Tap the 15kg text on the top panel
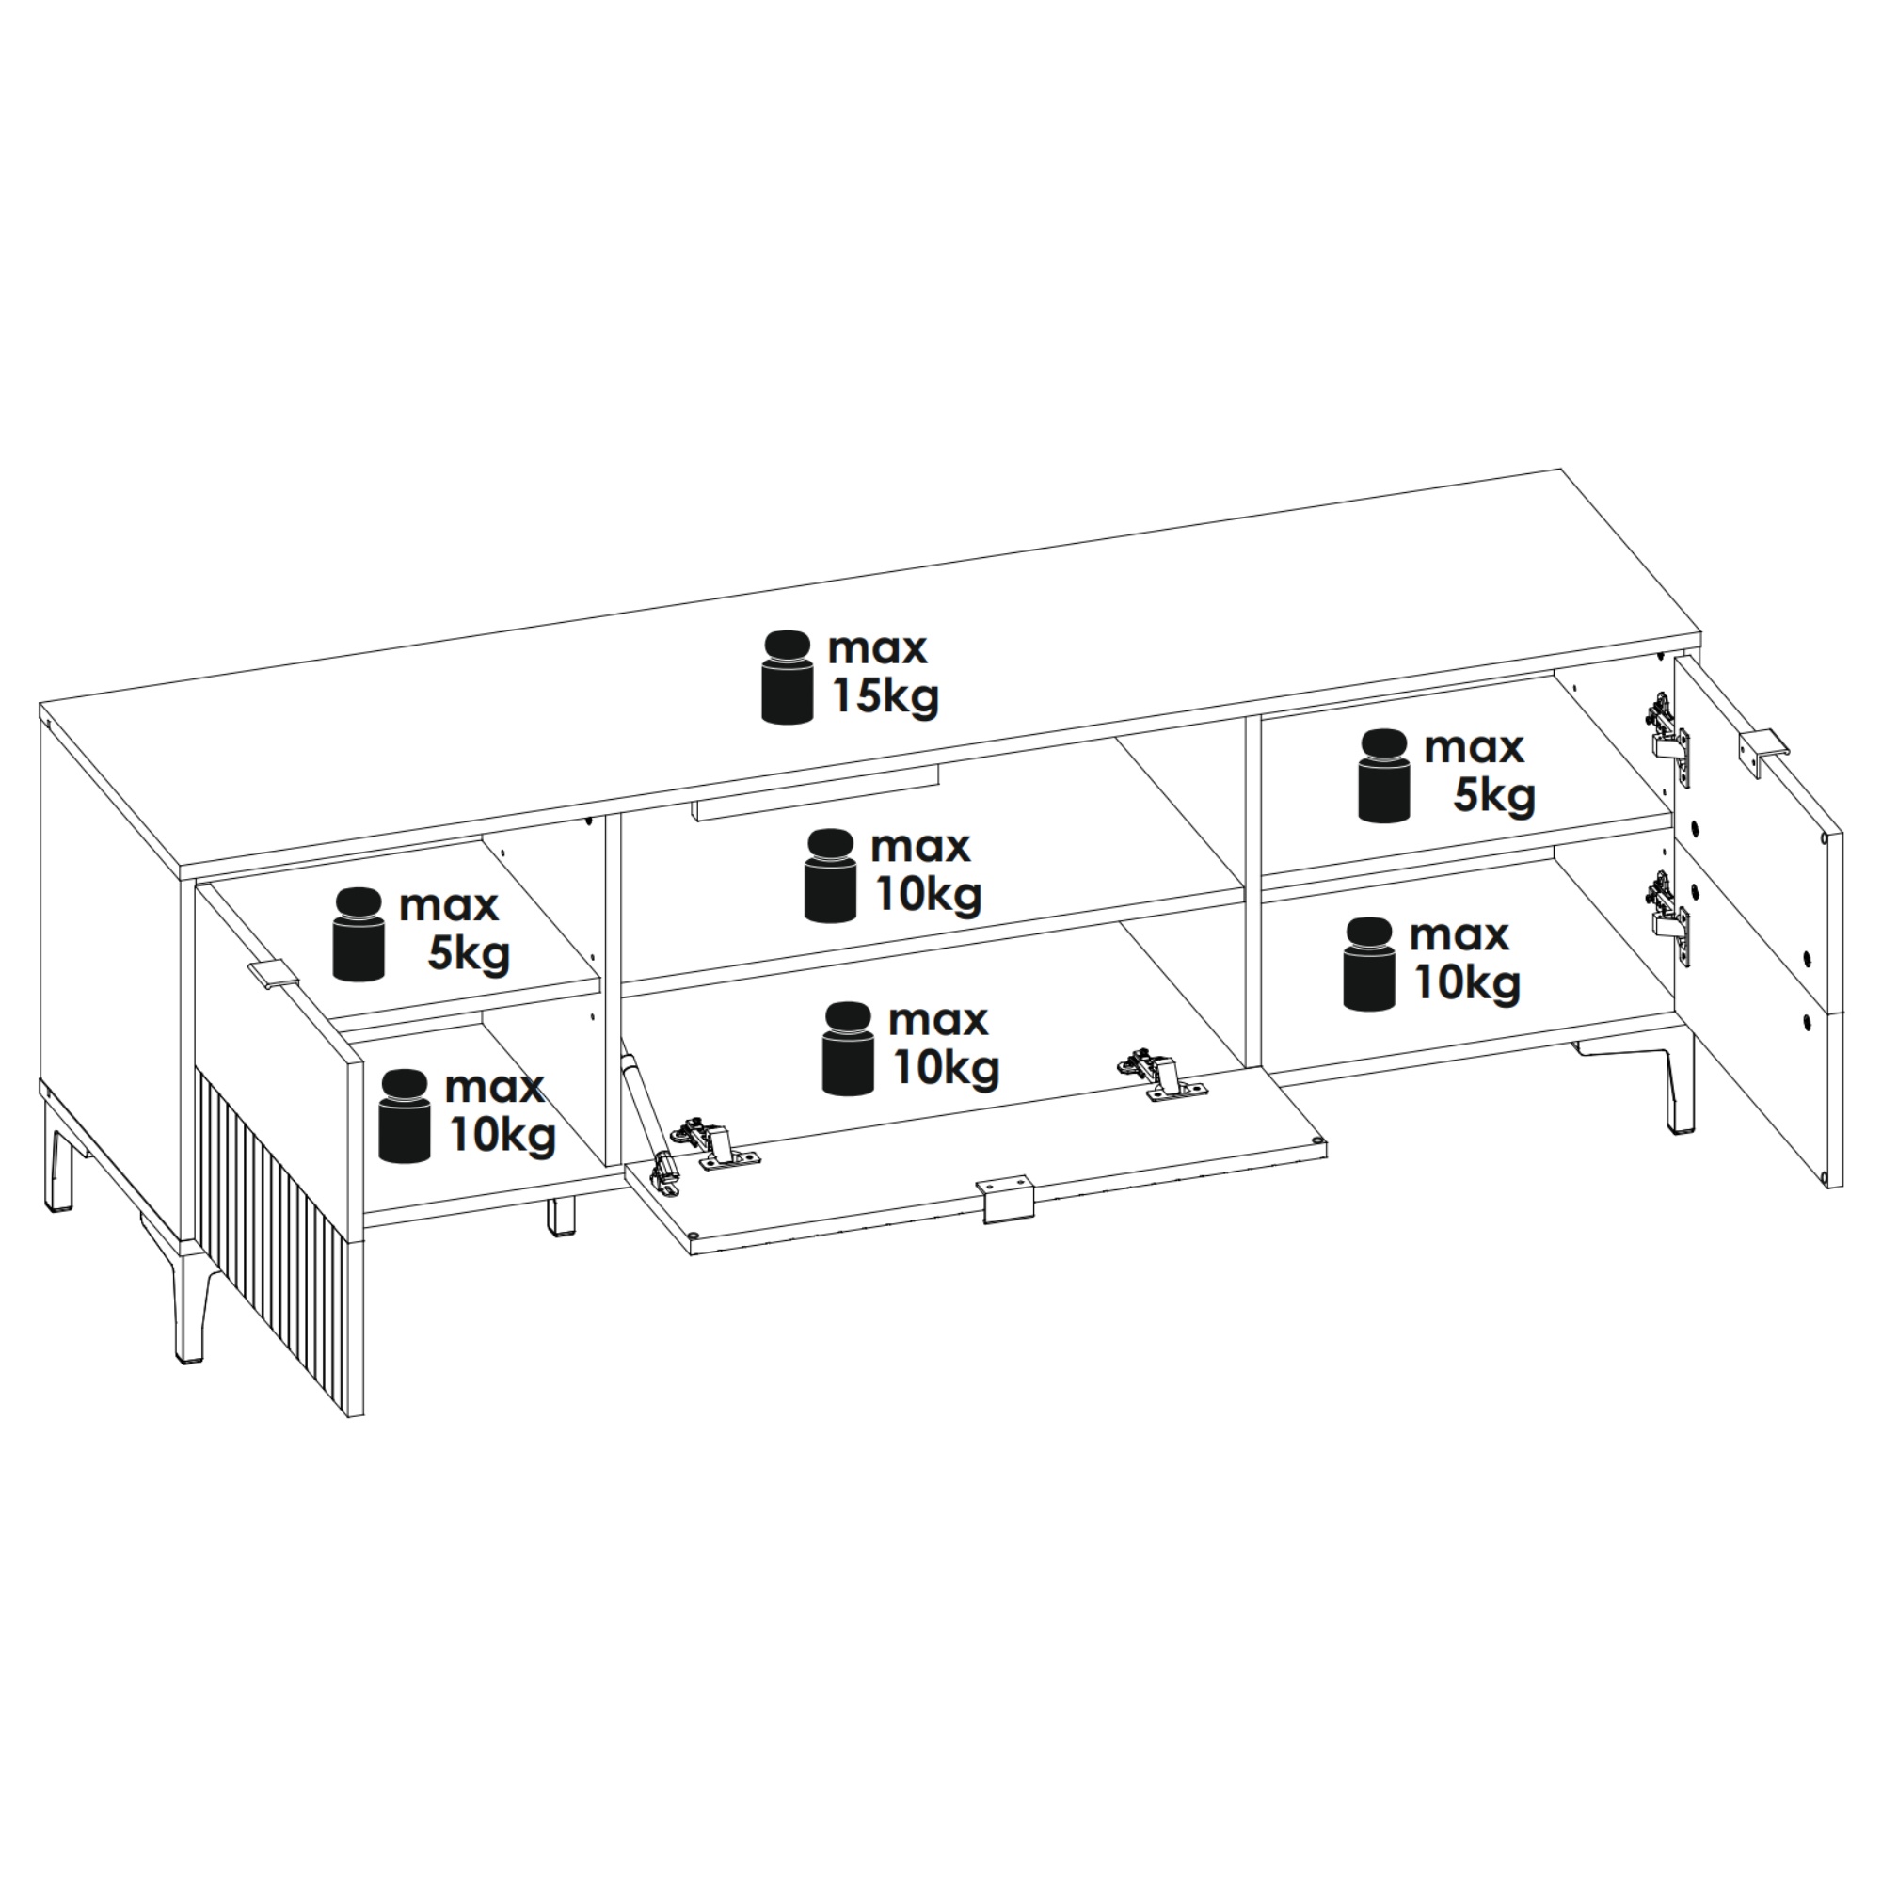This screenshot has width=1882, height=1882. click(x=885, y=697)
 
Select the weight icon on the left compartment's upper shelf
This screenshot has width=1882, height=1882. click(x=359, y=933)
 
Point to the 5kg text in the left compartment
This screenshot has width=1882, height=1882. click(x=469, y=954)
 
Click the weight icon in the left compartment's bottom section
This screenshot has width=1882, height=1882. click(x=405, y=1116)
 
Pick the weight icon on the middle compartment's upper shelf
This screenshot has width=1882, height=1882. click(x=830, y=875)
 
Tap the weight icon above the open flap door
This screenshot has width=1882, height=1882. click(x=849, y=1048)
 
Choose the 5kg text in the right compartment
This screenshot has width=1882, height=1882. click(x=1494, y=797)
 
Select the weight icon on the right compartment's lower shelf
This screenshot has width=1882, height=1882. click(x=1368, y=963)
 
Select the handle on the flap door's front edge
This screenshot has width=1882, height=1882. click(x=1004, y=1197)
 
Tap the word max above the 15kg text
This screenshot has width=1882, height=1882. click(x=878, y=648)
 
